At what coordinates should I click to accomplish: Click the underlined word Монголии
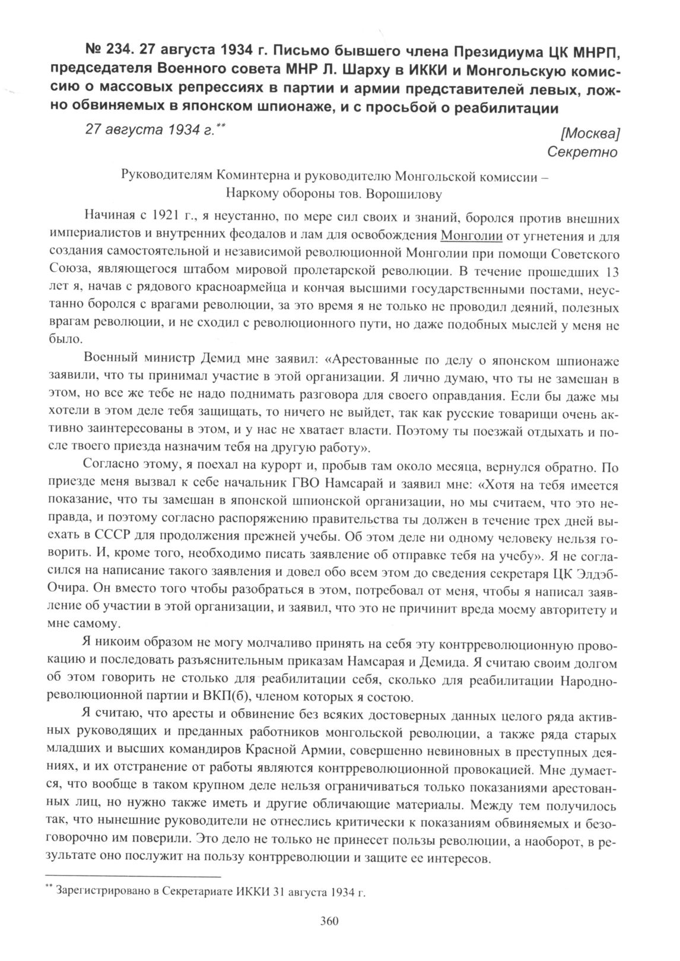click(472, 236)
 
